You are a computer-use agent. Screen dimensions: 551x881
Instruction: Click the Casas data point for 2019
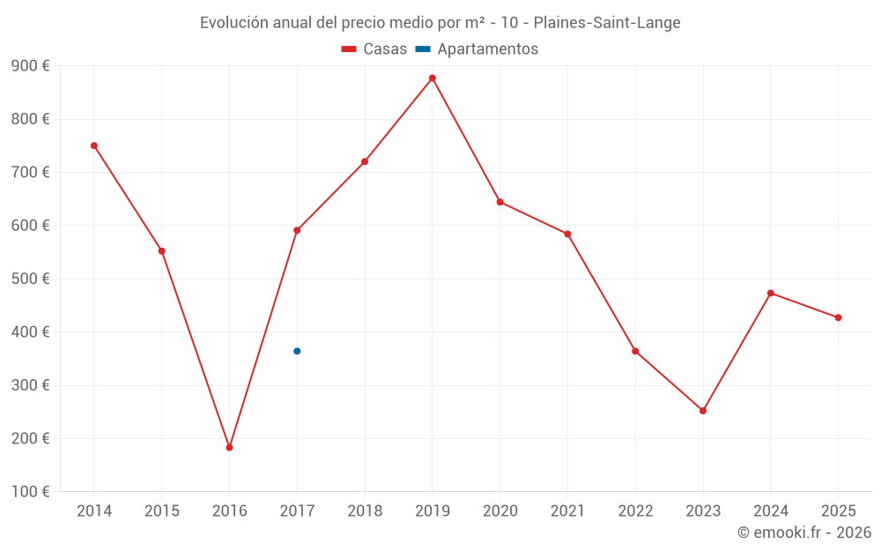pos(433,78)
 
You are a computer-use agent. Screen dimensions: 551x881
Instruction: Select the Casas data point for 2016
pos(229,448)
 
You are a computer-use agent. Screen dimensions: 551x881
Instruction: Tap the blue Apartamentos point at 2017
pos(297,351)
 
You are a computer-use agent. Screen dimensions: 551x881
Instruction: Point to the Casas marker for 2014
pos(94,145)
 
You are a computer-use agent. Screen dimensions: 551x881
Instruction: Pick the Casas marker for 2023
pos(703,411)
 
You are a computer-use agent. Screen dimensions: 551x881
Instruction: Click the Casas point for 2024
pos(771,293)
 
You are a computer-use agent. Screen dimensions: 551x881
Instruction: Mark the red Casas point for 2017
pos(297,230)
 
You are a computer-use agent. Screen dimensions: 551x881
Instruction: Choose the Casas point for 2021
pos(567,234)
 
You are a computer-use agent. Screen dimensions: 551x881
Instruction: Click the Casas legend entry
pos(374,49)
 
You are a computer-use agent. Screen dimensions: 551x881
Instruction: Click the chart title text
pos(440,23)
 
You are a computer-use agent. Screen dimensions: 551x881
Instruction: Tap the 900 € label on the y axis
pos(30,66)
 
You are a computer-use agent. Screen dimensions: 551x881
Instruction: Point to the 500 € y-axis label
pos(30,279)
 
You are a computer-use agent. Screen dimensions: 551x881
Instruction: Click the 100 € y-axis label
pos(30,491)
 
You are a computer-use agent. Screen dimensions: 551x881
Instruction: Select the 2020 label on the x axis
pos(500,510)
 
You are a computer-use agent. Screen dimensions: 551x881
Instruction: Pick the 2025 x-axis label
pos(838,510)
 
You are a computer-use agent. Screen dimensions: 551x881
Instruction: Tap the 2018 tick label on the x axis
pos(365,510)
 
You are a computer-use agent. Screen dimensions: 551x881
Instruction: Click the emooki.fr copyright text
pos(803,532)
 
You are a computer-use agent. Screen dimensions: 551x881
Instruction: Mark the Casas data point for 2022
pos(635,351)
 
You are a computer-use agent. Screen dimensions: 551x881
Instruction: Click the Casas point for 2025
pos(838,317)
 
